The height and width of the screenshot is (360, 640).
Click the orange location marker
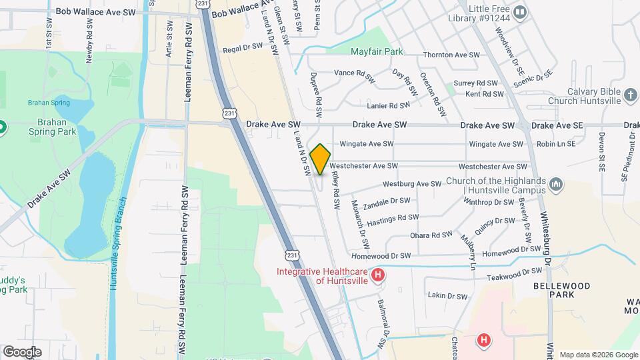(x=320, y=159)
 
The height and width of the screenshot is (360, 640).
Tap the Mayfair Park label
(x=377, y=51)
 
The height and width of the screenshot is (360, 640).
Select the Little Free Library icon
(x=520, y=12)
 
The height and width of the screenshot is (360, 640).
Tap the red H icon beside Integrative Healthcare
(x=378, y=275)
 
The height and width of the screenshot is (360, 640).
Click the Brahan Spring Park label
(x=36, y=128)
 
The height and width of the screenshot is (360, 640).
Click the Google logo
(x=22, y=351)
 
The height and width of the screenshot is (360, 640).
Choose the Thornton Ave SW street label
(x=451, y=55)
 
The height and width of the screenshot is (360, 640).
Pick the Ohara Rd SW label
(x=432, y=235)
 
